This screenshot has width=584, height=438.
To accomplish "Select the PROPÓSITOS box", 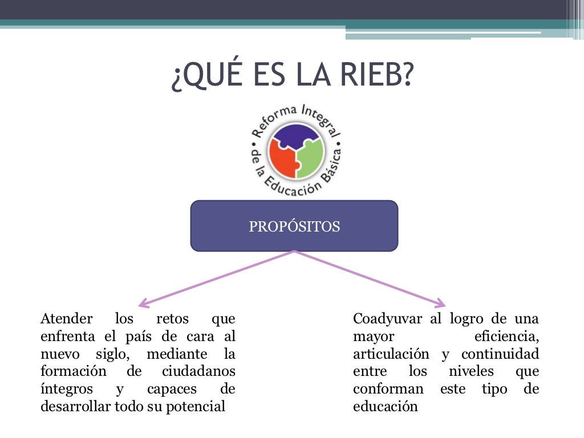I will tap(294, 226).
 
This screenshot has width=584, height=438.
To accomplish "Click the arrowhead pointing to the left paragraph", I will tap(143, 304).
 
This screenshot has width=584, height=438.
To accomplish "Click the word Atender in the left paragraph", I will tap(63, 319).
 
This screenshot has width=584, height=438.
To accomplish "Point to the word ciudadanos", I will tap(198, 372).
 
